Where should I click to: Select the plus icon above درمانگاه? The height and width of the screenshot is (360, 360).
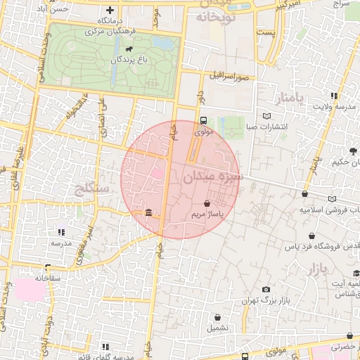coord(109,10)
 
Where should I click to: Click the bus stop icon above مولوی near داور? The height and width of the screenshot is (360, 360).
coord(202,120)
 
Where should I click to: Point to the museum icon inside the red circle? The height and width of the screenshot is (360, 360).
coord(148,212)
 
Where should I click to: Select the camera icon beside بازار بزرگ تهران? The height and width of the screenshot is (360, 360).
coord(266,289)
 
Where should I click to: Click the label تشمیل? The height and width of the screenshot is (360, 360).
coord(217,328)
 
